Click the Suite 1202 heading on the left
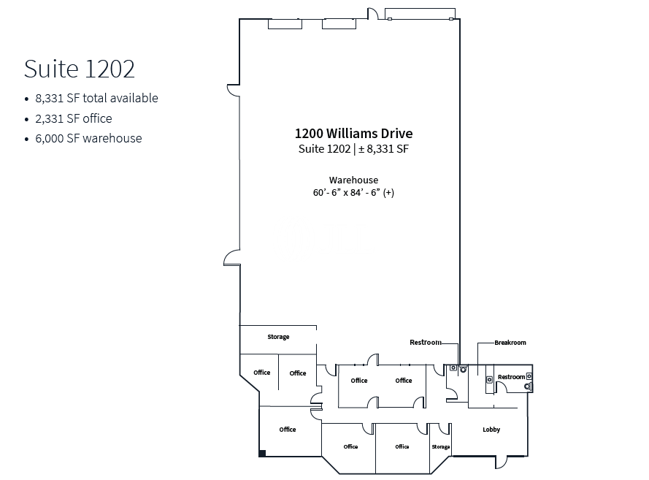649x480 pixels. pos(80,69)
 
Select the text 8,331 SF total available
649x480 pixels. pos(96,98)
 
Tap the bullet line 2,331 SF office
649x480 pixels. pos(74,118)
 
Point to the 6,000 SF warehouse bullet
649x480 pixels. pos(88,138)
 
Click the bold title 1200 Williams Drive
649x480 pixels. pos(353,134)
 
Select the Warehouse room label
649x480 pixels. pos(353,180)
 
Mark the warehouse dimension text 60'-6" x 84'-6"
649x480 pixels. pos(353,193)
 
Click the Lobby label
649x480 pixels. pos(491,430)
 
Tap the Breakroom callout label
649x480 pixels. pos(510,343)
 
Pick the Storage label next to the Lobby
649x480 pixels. pos(441,447)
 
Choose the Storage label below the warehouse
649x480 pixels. pos(278,337)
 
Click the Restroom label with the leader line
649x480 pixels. pos(426,342)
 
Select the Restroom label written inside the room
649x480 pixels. pos(512,377)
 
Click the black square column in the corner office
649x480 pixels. pos(262,454)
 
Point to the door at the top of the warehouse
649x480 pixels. pos(373,13)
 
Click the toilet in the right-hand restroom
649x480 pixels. pos(528,386)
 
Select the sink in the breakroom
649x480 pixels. pos(489,379)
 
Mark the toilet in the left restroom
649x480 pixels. pos(463,369)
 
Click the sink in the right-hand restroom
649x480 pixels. pos(529,376)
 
